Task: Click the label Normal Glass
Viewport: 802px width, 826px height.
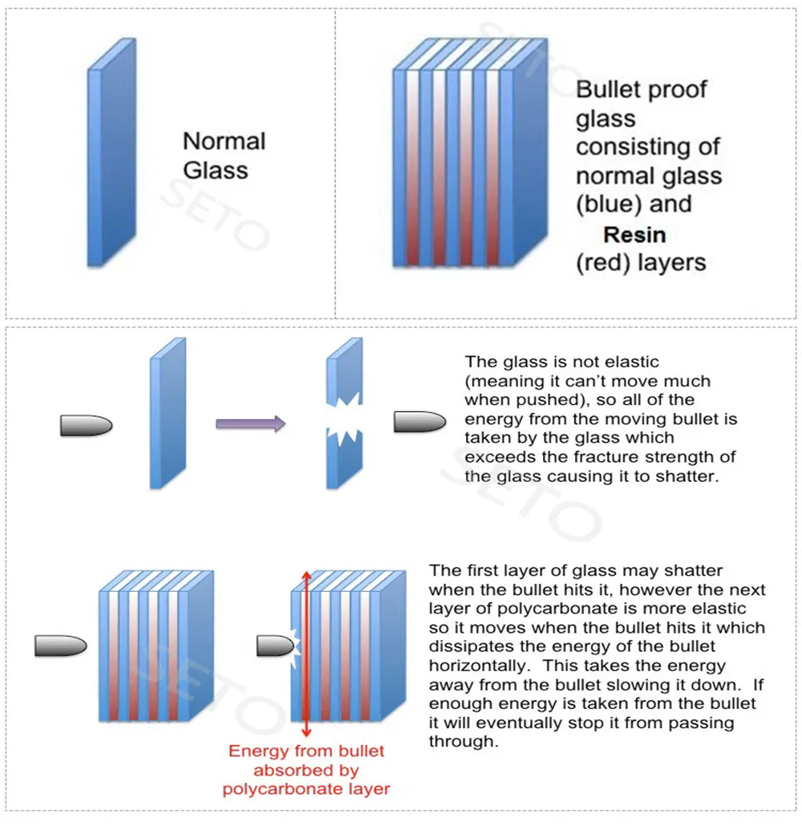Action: coord(223,156)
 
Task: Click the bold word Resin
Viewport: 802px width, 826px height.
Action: coord(634,234)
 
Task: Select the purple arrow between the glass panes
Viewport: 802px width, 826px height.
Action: coord(250,423)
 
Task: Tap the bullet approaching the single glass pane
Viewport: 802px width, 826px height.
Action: coord(86,425)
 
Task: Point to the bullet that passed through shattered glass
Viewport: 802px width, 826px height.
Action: coord(419,423)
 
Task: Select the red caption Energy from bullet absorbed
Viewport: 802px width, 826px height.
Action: coord(306,770)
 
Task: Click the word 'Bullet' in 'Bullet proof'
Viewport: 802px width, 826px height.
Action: coord(610,89)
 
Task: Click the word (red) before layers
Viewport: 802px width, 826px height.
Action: coord(603,262)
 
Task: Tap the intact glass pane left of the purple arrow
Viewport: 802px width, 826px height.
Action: coord(167,413)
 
